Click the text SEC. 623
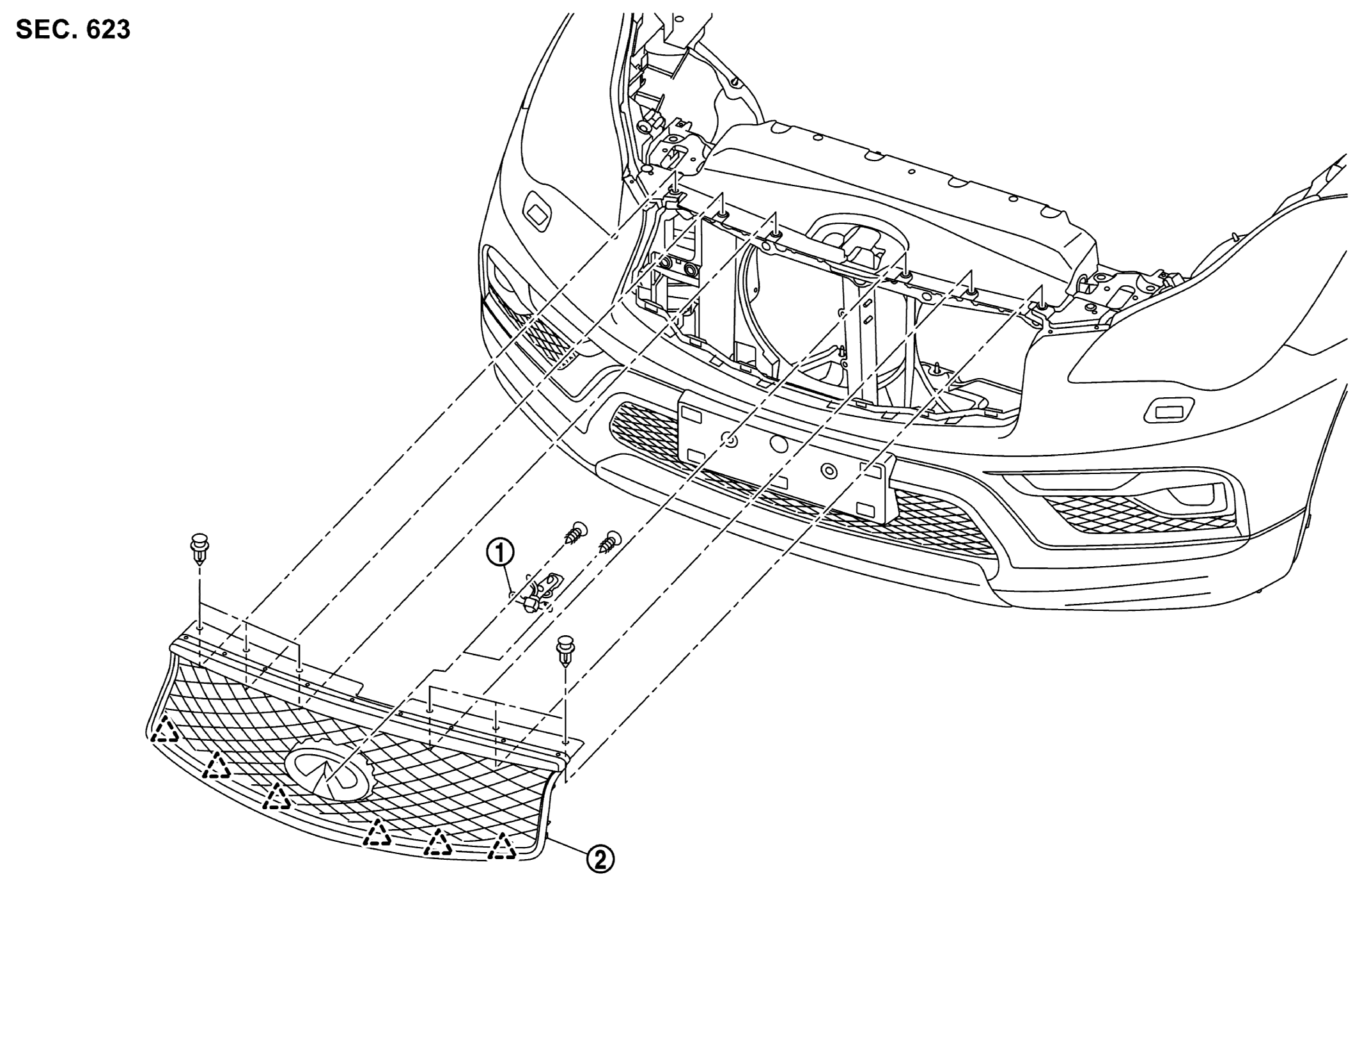coord(73,29)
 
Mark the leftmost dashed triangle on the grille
coord(165,731)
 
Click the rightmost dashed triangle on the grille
coord(503,846)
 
